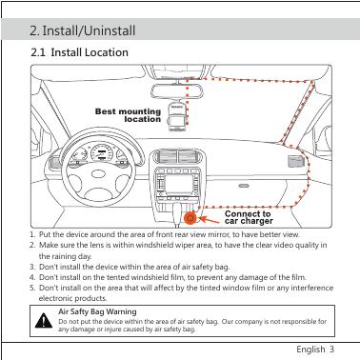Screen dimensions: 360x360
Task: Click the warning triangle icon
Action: point(44,321)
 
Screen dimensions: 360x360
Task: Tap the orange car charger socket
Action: point(190,218)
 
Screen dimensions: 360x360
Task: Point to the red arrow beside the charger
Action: point(210,220)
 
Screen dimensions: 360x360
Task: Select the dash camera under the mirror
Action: point(176,116)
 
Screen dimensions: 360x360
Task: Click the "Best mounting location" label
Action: point(128,115)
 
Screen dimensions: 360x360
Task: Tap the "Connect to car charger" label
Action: point(249,217)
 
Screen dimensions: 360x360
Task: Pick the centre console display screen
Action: point(179,184)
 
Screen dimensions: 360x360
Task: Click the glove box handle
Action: point(244,186)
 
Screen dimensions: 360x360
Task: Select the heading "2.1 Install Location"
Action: point(79,52)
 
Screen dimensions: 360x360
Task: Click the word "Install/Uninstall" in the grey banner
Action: point(89,30)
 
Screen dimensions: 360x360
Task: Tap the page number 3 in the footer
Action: point(331,350)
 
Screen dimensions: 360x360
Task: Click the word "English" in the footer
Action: point(310,350)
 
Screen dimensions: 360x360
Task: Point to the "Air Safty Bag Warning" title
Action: point(97,311)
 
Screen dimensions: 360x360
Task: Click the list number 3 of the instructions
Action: point(32,267)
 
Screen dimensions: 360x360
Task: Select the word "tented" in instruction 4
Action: point(117,277)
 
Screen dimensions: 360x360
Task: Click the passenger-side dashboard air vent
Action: point(296,161)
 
